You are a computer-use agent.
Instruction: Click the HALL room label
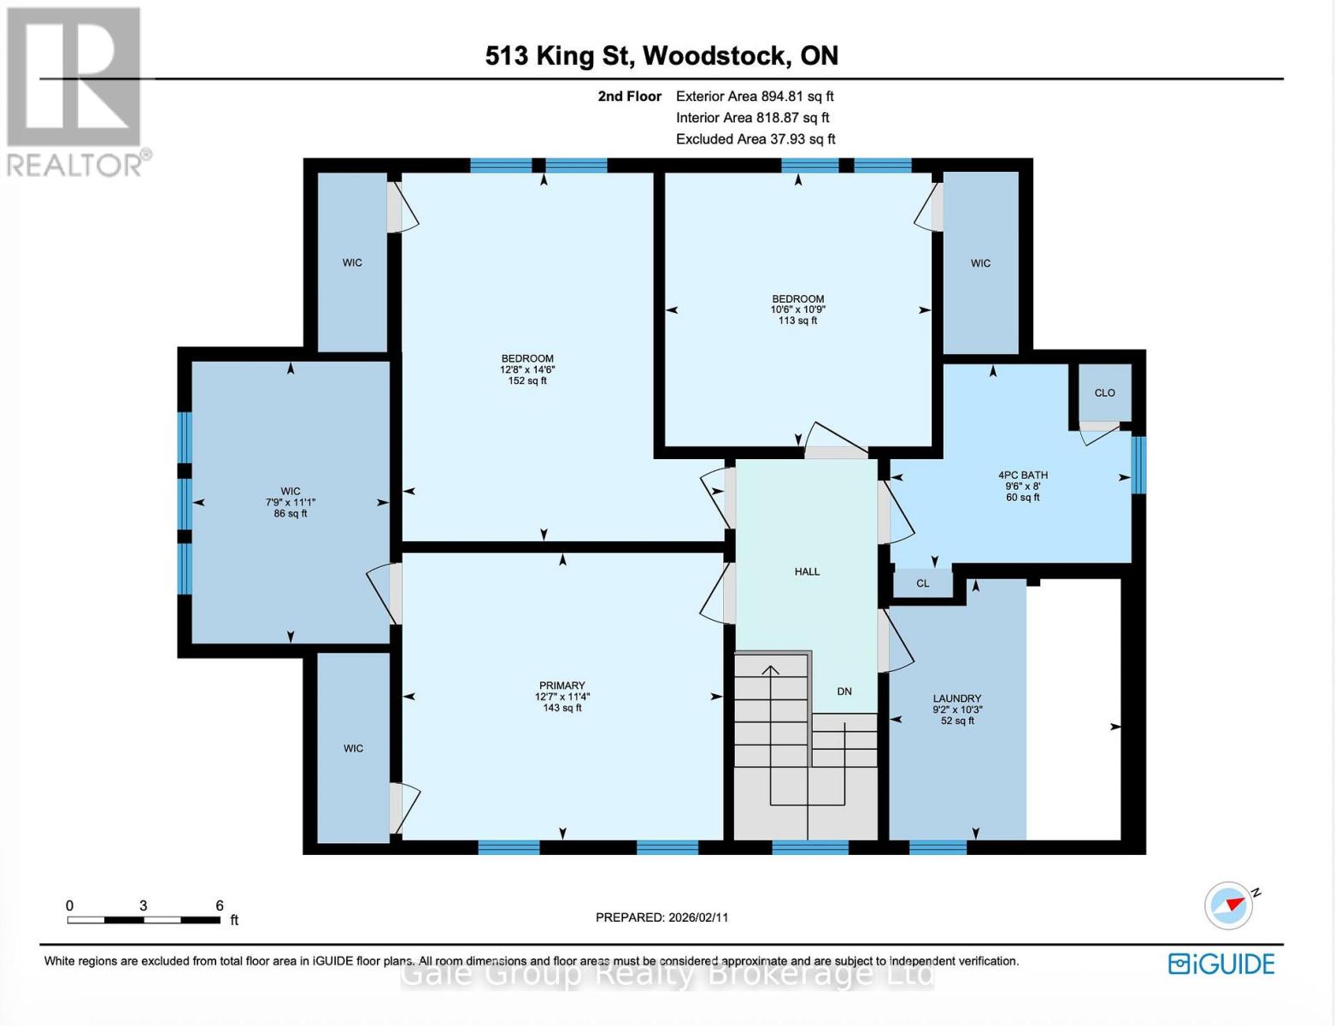807,571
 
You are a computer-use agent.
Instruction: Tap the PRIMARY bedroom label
562,686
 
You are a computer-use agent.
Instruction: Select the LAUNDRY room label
957,699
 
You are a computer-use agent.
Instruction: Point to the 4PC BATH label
1022,475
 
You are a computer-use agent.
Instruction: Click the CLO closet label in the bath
1104,392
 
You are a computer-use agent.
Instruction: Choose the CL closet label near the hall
922,584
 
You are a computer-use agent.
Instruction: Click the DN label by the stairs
844,691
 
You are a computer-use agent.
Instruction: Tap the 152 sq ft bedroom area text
527,380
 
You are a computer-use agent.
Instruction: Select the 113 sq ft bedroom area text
797,321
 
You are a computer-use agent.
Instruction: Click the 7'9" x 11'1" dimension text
291,503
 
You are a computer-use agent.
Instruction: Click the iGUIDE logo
1221,964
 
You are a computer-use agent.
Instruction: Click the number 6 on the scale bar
220,905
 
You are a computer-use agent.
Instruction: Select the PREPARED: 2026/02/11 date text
662,917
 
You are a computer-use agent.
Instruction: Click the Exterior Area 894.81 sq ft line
755,97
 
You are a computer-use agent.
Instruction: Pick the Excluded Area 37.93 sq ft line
756,139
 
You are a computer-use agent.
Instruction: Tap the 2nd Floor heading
629,97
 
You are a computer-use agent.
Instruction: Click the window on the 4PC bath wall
1138,465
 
